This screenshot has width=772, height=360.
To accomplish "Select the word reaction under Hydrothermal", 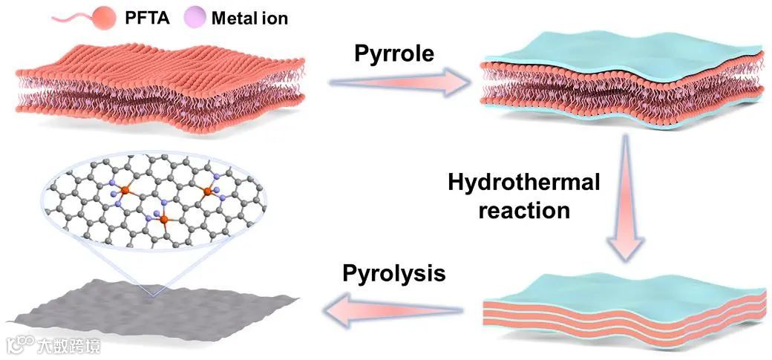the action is pos(524,210).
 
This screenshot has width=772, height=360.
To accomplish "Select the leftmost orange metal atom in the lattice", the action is pos(125,192).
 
